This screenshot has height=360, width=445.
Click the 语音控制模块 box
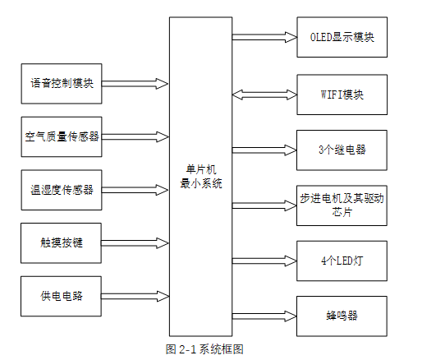coord(62,83)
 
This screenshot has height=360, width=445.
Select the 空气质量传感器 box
coord(62,136)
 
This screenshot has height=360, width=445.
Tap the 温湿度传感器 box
coord(62,190)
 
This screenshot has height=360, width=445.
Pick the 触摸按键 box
coord(62,243)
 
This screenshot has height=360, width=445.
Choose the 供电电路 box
coord(62,296)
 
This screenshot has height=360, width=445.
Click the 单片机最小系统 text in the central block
coord(200,178)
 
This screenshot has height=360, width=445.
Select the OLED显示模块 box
coord(341,38)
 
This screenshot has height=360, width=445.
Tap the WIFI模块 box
coord(341,95)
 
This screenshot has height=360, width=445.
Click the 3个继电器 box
coord(341,150)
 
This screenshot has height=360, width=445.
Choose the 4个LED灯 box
coord(341,261)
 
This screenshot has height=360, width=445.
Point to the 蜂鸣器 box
coord(341,316)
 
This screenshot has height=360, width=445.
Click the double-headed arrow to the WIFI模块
coord(264,95)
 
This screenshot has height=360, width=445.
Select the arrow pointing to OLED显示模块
coord(264,37)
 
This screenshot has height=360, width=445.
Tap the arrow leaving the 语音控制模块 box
coord(135,83)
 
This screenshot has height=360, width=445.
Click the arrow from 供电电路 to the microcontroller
coord(135,296)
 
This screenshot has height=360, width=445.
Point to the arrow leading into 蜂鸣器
coord(264,315)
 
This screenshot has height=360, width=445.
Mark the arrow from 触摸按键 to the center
coord(135,243)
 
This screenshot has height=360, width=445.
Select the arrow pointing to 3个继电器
coord(264,150)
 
